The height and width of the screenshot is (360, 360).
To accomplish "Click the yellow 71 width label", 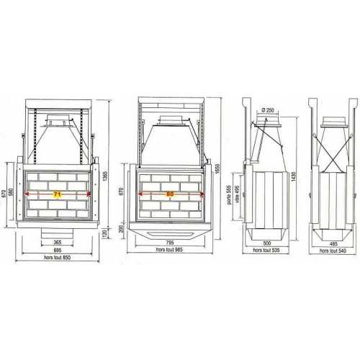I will click(56, 194).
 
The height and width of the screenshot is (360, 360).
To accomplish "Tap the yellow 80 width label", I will click(170, 194).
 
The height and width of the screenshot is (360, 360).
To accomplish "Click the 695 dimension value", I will click(56, 251).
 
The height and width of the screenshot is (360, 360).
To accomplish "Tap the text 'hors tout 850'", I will click(56, 259).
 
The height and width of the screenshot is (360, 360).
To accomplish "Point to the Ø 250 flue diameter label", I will click(269, 110).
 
